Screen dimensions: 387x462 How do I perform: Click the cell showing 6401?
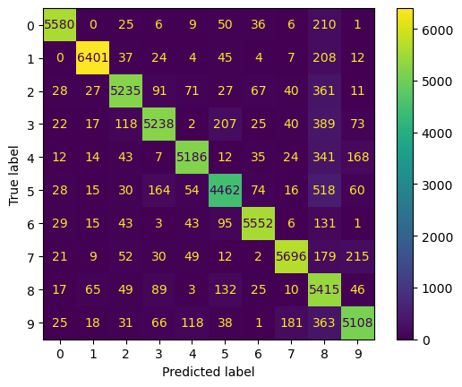point(92,56)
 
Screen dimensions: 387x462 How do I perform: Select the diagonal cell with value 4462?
point(225,189)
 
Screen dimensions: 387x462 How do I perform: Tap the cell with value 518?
point(324,189)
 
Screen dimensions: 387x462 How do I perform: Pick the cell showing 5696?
point(291,255)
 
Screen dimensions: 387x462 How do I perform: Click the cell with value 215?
point(357,255)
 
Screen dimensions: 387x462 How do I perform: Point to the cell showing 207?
point(225,123)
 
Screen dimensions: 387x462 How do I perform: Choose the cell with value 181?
point(291,322)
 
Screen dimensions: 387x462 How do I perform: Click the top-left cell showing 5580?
point(59,23)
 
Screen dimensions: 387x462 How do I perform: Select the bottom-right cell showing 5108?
point(357,322)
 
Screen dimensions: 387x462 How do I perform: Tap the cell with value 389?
point(324,123)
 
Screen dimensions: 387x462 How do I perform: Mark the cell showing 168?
point(357,156)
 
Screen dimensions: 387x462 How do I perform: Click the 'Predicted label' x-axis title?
point(209,372)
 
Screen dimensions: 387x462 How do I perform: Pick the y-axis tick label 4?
point(32,156)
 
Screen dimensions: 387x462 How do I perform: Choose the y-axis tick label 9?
point(32,322)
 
